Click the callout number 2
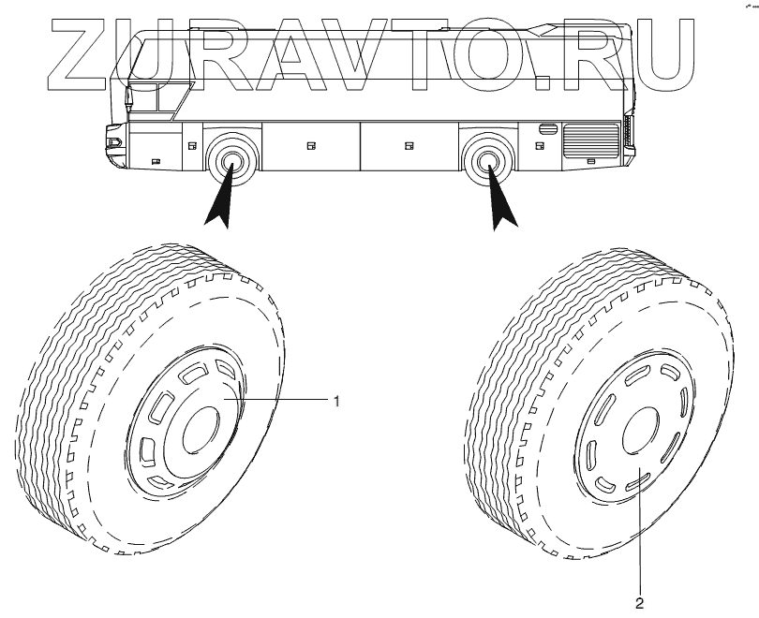pos(640,602)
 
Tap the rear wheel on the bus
pos(487,161)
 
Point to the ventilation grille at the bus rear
pos(589,141)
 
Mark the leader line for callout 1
pos(281,400)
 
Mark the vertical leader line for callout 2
pos(640,534)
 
